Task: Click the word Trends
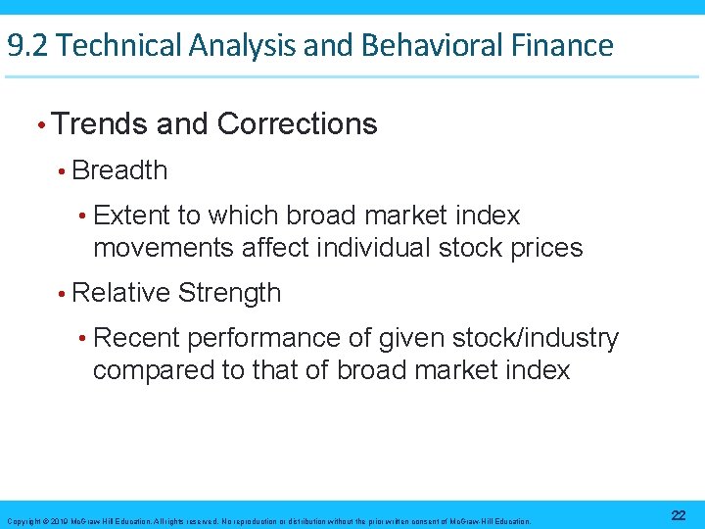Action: [101, 124]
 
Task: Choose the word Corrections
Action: [297, 124]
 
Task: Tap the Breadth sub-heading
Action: [119, 170]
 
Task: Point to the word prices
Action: [545, 248]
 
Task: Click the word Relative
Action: [122, 293]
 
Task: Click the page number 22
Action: [678, 516]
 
